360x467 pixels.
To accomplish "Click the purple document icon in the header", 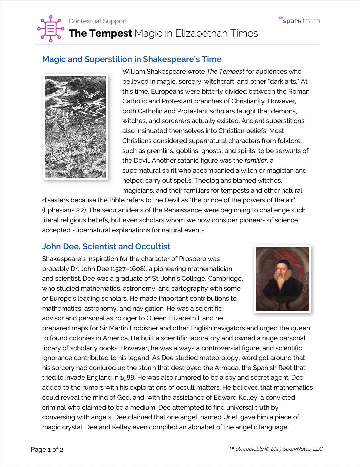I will (51, 29).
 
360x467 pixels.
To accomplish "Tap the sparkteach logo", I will (300, 20).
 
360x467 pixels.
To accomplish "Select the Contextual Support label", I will (98, 21).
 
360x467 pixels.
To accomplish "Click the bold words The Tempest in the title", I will (100, 33).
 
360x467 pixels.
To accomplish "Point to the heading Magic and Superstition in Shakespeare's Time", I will (132, 59).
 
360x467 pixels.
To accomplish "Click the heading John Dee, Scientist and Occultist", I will (106, 247).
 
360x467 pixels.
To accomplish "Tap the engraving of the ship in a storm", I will (76, 127).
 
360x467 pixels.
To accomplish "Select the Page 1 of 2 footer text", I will (47, 449).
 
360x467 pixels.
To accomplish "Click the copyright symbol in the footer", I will (267, 449).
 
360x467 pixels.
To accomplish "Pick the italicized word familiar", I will (256, 161).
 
